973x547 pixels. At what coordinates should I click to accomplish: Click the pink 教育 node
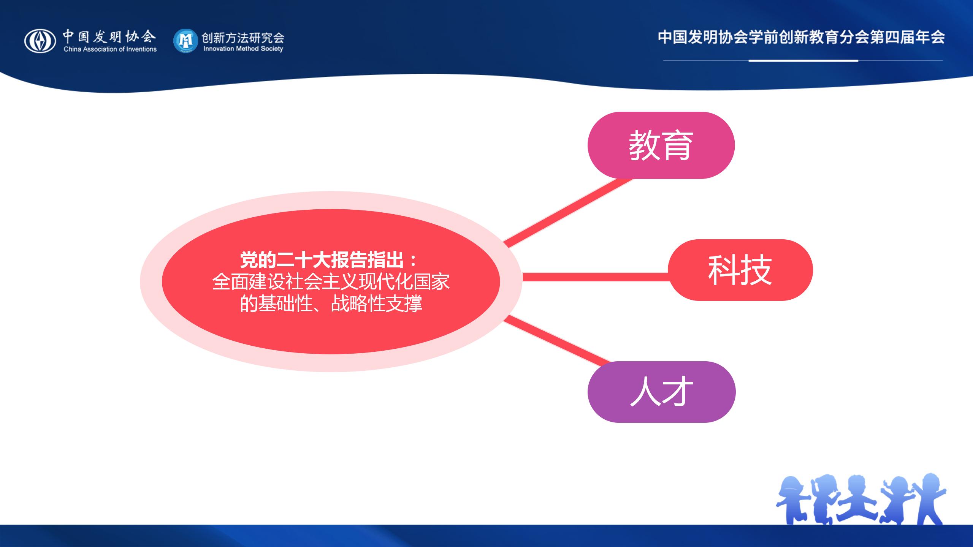click(x=661, y=145)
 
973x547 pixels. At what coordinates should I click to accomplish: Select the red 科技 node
click(x=740, y=270)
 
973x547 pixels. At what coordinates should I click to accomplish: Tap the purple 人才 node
click(x=662, y=392)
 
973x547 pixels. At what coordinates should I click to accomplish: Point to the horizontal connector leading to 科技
click(x=596, y=277)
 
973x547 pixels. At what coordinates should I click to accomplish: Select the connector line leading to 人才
click(x=557, y=341)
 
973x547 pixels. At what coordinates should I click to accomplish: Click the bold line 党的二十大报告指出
click(x=329, y=260)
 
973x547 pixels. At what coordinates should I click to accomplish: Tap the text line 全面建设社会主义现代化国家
click(x=331, y=282)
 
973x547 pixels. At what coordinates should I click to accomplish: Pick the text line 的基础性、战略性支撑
click(x=331, y=304)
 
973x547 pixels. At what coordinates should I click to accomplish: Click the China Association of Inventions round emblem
click(x=40, y=41)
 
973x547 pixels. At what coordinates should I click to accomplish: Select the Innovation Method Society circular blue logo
click(x=185, y=41)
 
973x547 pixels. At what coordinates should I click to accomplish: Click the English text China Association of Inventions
click(x=110, y=49)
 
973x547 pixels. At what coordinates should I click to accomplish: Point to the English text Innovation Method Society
click(x=243, y=49)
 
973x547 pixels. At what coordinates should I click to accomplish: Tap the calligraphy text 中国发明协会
click(x=109, y=36)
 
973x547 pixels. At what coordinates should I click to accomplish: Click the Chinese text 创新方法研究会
click(x=243, y=37)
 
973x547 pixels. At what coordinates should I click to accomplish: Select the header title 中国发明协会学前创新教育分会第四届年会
click(x=801, y=37)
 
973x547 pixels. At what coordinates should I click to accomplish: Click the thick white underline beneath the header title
click(x=803, y=60)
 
